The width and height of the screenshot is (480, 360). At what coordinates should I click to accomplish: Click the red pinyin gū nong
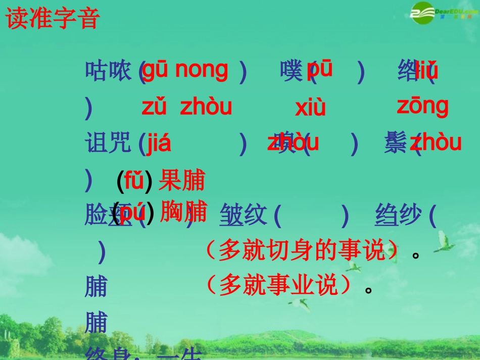[x=185, y=70]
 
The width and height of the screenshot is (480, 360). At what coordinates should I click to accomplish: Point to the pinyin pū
[x=320, y=69]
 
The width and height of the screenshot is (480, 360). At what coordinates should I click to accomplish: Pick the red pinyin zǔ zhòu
[x=186, y=107]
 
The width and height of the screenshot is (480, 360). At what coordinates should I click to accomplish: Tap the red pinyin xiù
[x=310, y=108]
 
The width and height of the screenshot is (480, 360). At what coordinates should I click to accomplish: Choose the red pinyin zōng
[x=422, y=106]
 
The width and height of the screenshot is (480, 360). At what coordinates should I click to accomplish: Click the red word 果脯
[x=182, y=180]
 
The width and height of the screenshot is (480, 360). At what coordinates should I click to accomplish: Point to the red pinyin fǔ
[x=134, y=180]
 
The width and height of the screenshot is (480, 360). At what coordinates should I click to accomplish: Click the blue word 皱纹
[x=243, y=216]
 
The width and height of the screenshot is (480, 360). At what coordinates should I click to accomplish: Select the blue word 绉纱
[x=398, y=216]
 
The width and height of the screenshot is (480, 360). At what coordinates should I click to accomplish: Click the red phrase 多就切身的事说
[x=302, y=250]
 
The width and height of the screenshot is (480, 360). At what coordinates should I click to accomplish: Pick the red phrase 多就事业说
[x=278, y=286]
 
